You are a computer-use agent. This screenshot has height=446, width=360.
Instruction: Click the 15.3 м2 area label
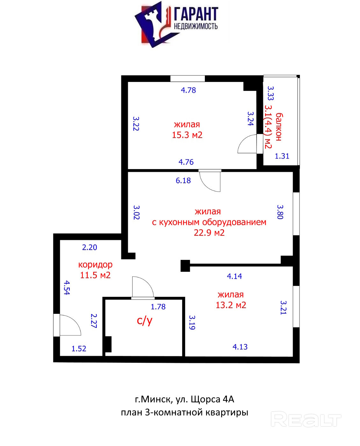(187, 135)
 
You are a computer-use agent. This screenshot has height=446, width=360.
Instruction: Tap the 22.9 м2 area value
(209, 233)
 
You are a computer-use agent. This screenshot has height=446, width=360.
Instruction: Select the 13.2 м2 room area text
(231, 305)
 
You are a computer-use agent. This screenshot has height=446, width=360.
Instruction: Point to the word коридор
(95, 265)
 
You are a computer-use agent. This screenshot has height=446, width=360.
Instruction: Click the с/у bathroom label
(145, 320)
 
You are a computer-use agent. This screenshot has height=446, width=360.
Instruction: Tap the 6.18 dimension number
(183, 181)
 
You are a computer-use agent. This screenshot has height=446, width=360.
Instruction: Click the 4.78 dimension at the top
(188, 90)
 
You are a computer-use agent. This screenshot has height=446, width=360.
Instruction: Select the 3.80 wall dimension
(280, 212)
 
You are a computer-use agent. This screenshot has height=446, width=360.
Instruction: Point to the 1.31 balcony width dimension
(282, 156)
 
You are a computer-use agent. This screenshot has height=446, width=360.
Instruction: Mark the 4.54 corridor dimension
(67, 288)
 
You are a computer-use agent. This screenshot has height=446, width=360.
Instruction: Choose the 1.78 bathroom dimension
(158, 307)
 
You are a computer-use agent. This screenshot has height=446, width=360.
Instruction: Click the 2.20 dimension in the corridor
(90, 247)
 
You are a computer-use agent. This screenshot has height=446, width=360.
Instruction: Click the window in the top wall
(187, 78)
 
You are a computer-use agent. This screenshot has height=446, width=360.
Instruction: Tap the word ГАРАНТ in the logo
(196, 14)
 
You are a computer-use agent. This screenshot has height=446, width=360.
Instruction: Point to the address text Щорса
(205, 399)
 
